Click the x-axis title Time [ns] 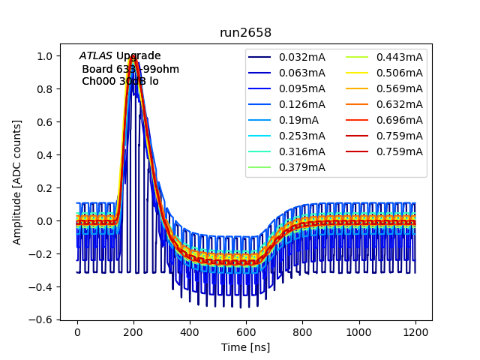[245, 347]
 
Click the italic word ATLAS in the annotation [95, 56]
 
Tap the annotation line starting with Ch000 [120, 81]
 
